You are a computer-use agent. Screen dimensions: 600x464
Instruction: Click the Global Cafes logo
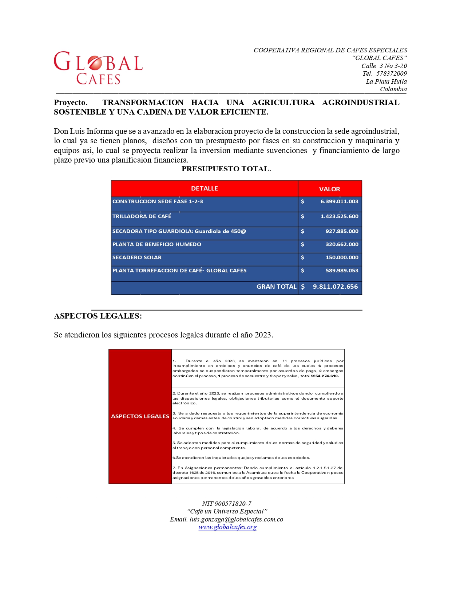pos(98,68)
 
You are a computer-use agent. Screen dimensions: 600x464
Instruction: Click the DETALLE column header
pos(204,188)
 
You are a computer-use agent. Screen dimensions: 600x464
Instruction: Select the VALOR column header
pos(329,189)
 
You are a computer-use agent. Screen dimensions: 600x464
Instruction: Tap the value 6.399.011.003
pos(339,201)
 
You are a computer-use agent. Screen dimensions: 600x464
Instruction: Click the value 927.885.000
pos(342,231)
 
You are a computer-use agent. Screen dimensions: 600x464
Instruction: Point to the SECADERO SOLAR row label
pos(137,257)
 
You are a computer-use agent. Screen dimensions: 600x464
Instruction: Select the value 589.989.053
pos(342,271)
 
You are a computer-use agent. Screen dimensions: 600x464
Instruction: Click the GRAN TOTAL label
pos(276,287)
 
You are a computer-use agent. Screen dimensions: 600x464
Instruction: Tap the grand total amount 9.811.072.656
pos(335,287)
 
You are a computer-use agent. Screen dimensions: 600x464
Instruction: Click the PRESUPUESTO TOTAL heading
pos(226,169)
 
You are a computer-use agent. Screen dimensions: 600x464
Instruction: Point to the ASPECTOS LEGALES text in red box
pos(140,416)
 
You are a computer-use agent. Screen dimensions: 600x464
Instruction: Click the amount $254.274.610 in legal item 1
pos(325,376)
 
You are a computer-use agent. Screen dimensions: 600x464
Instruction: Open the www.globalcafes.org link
pos(227,527)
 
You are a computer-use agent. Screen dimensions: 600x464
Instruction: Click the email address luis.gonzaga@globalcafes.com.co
pos(236,519)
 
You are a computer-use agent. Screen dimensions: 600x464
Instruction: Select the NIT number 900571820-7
pos(233,504)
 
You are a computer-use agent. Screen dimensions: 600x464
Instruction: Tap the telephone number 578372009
pos(392,73)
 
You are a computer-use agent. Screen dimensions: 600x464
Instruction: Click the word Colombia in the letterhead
pos(393,89)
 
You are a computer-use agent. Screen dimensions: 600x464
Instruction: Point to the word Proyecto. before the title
pos(71,103)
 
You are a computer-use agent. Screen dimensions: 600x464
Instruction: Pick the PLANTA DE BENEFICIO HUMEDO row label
pos(156,244)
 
